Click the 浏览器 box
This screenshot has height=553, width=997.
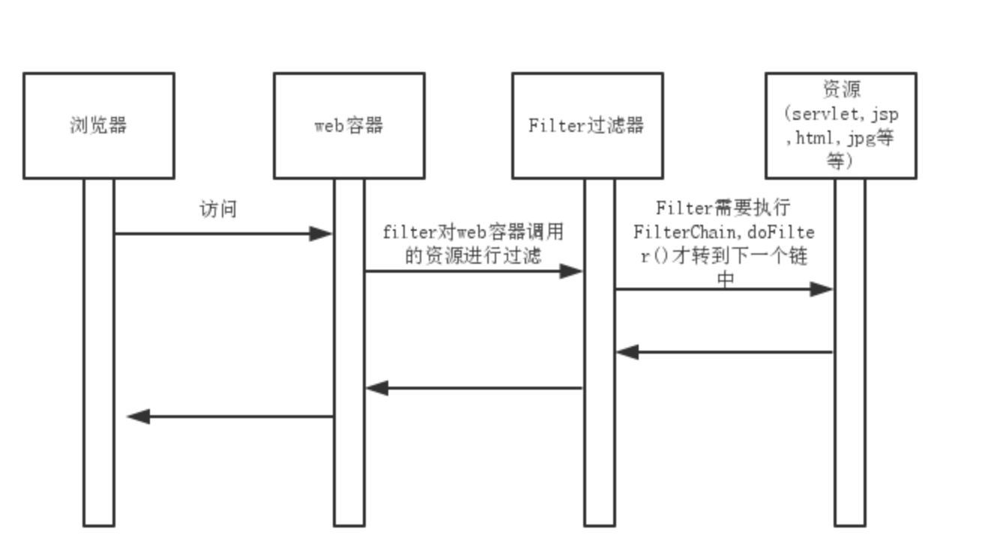click(x=98, y=125)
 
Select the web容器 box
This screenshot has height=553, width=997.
click(x=349, y=125)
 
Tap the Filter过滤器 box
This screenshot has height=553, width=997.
click(x=587, y=125)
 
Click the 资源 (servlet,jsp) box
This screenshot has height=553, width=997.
click(x=840, y=125)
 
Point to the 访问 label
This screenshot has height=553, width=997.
click(x=218, y=209)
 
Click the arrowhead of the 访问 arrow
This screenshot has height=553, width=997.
click(x=322, y=234)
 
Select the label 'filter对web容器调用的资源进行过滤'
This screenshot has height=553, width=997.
click(x=472, y=244)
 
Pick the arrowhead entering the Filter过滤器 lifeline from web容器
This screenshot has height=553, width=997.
click(x=573, y=271)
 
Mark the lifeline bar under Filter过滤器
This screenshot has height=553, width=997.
click(x=599, y=465)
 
